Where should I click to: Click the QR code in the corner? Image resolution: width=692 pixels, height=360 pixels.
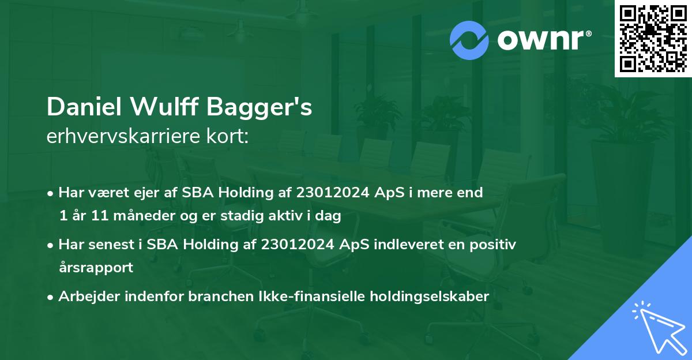click(x=653, y=39)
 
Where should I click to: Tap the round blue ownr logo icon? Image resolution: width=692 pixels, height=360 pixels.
click(x=469, y=40)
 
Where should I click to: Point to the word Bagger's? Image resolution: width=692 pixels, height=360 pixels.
click(x=269, y=107)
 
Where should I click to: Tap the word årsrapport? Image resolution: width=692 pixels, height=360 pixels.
click(x=96, y=268)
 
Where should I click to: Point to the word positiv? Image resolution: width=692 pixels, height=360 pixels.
click(x=494, y=244)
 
